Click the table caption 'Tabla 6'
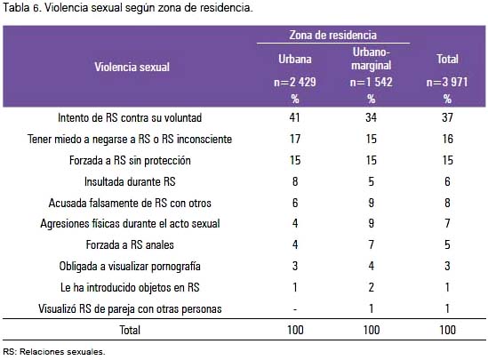(22, 8)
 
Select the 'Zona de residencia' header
(332, 35)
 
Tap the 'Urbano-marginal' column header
(371, 59)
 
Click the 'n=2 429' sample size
(295, 82)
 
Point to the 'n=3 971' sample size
(447, 82)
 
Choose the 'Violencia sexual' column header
(132, 67)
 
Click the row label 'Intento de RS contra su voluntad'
(130, 117)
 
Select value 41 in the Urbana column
(295, 117)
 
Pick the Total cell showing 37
(447, 117)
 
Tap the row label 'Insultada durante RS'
(130, 181)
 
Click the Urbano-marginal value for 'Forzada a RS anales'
(371, 244)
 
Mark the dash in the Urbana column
(295, 309)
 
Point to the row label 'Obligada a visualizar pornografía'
(130, 267)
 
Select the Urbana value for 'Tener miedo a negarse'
(295, 139)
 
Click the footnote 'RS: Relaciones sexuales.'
(54, 352)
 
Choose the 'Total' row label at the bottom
(130, 330)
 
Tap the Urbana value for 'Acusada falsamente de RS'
(295, 203)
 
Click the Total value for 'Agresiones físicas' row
(447, 223)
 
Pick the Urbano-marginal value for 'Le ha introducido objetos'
(371, 287)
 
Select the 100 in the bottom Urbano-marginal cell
(372, 330)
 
